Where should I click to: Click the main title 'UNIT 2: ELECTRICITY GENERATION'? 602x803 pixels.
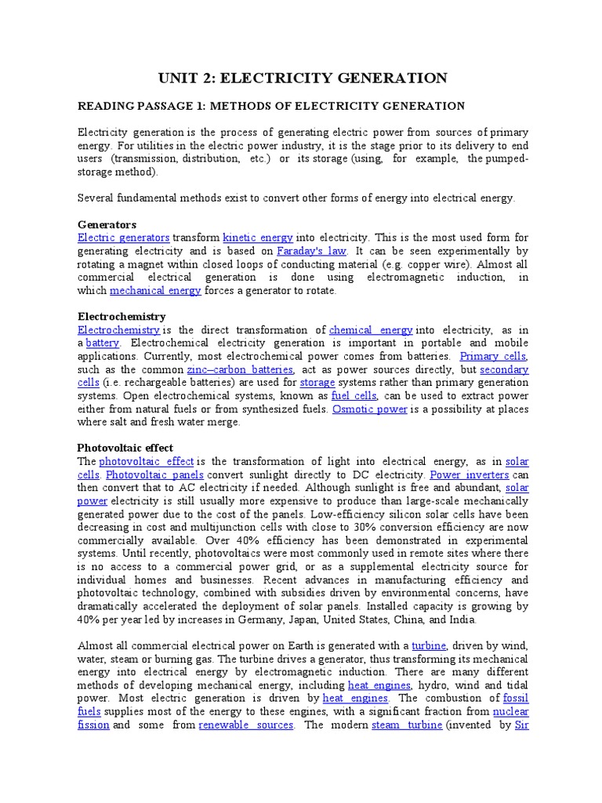coord(303,78)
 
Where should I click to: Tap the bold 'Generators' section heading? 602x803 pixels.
coord(107,223)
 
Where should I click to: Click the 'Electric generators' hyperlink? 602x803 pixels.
coord(124,237)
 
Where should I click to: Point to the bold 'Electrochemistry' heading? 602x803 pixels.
coord(121,316)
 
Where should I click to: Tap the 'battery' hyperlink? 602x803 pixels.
coord(103,343)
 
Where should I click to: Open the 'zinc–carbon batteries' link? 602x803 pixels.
coord(240,369)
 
